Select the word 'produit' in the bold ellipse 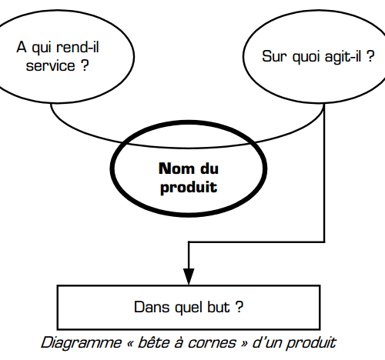coord(189,188)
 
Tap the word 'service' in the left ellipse coord(51,65)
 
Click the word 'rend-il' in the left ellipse coord(78,48)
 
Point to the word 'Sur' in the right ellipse coord(274,56)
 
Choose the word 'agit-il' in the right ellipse coord(343,56)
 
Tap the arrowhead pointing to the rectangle coord(189,276)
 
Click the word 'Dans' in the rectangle coord(152,307)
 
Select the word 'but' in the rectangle coord(219,307)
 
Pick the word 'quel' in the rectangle coord(187,308)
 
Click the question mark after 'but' coord(239,307)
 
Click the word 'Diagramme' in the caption coord(81,343)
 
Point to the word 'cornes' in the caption coord(212,343)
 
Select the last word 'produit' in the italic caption coord(311,343)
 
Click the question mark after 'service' coord(85,65)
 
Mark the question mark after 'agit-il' coord(370,56)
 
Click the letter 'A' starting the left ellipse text coord(22,47)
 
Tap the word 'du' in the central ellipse coord(209,168)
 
